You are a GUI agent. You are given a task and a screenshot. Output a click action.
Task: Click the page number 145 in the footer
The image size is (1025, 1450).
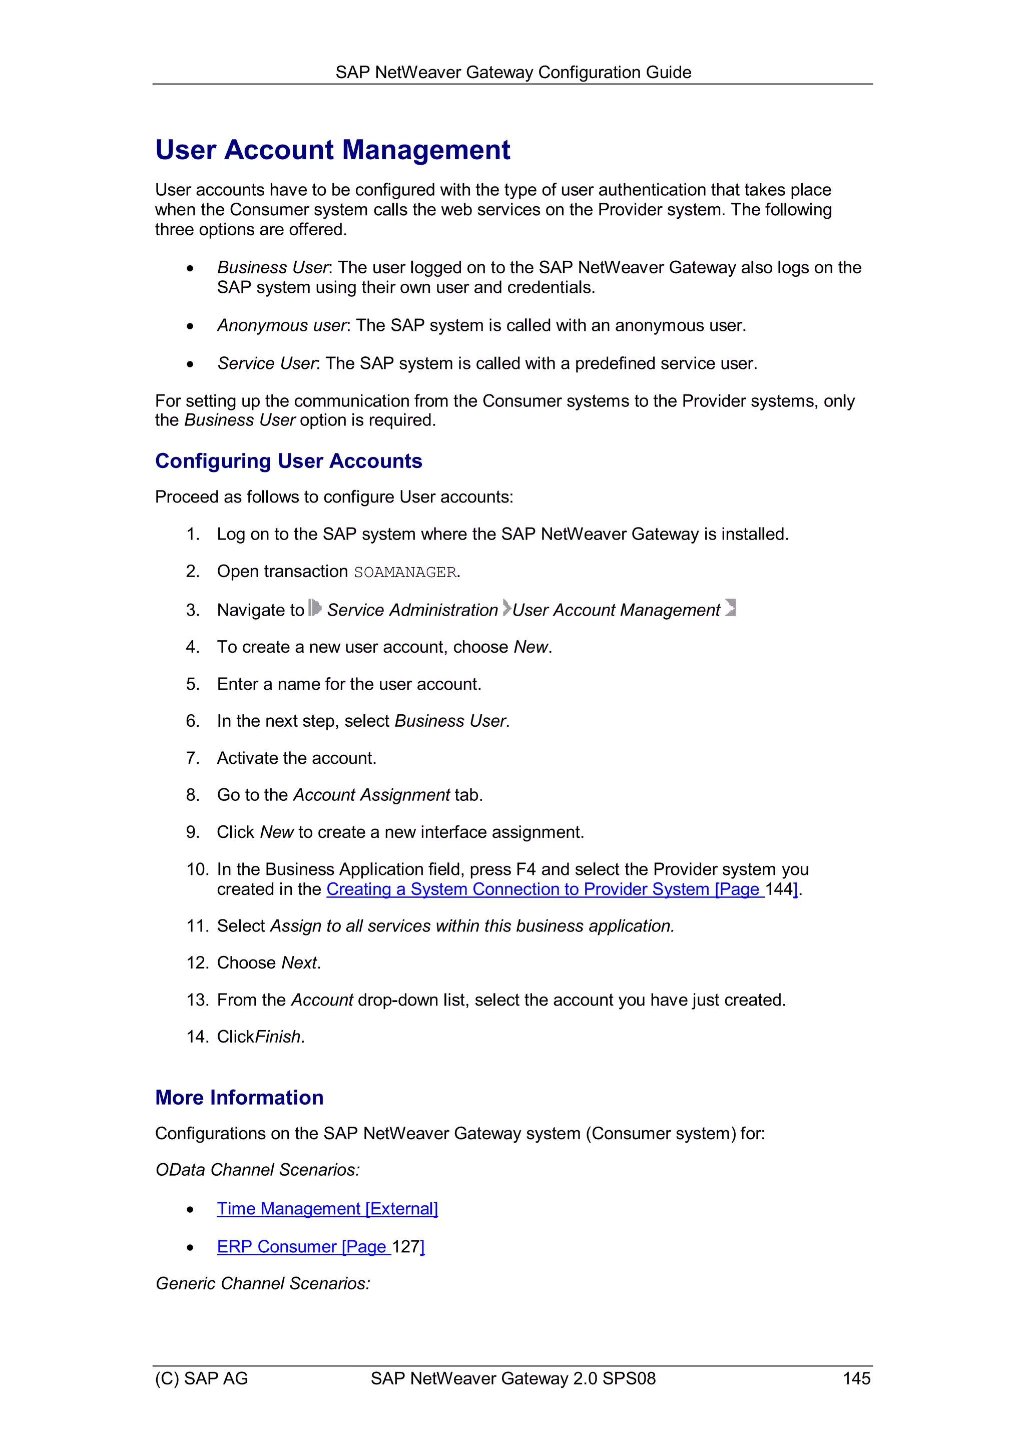(x=856, y=1378)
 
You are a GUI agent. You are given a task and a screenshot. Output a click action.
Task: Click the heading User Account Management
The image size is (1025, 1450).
(x=332, y=150)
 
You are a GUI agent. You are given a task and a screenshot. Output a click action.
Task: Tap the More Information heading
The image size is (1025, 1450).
(x=239, y=1098)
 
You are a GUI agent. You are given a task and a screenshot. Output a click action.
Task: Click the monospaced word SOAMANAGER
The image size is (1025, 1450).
(x=405, y=572)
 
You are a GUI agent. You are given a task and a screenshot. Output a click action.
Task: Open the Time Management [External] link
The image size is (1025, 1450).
(x=327, y=1209)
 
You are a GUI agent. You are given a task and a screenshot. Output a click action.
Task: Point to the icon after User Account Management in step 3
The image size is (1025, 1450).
(x=730, y=608)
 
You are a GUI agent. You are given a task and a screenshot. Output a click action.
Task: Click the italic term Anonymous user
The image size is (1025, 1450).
(x=282, y=326)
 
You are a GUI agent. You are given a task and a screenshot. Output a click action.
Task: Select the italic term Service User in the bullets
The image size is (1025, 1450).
(x=267, y=364)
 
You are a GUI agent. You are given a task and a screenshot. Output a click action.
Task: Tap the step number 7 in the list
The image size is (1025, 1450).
(x=192, y=758)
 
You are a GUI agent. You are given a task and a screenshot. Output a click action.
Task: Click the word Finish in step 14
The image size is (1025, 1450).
(x=278, y=1037)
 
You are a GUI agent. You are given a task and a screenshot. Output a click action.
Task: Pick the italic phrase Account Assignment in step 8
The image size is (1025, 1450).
(x=371, y=795)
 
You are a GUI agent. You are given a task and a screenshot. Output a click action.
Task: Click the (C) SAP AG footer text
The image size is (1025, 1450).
(x=202, y=1378)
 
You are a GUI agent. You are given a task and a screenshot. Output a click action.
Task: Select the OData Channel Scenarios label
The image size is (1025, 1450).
(x=257, y=1170)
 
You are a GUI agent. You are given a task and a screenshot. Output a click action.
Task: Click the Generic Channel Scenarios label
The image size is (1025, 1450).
(x=262, y=1284)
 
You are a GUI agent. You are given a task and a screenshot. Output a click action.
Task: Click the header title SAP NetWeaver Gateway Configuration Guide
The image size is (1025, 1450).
(x=513, y=73)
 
